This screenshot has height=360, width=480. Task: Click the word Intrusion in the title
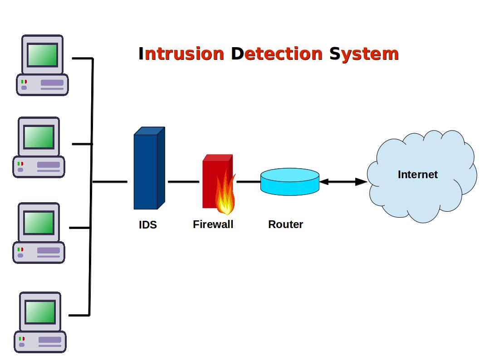click(181, 54)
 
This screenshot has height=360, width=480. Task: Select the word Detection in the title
click(277, 54)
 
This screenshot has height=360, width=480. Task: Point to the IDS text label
click(148, 224)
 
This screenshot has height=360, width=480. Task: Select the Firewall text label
click(213, 224)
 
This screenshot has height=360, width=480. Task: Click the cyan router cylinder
click(290, 182)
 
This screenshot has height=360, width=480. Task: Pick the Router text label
click(285, 224)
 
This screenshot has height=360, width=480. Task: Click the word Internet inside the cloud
click(417, 175)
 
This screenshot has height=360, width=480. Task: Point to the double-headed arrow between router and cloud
click(343, 182)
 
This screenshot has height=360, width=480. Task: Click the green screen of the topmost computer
click(42, 55)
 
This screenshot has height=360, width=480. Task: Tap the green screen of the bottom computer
click(40, 312)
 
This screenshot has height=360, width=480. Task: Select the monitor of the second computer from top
click(39, 136)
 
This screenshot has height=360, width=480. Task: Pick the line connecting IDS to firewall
click(183, 182)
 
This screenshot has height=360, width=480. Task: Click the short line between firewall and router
click(248, 182)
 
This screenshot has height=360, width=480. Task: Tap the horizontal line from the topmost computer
click(82, 58)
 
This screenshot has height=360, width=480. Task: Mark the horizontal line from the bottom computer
click(79, 315)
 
